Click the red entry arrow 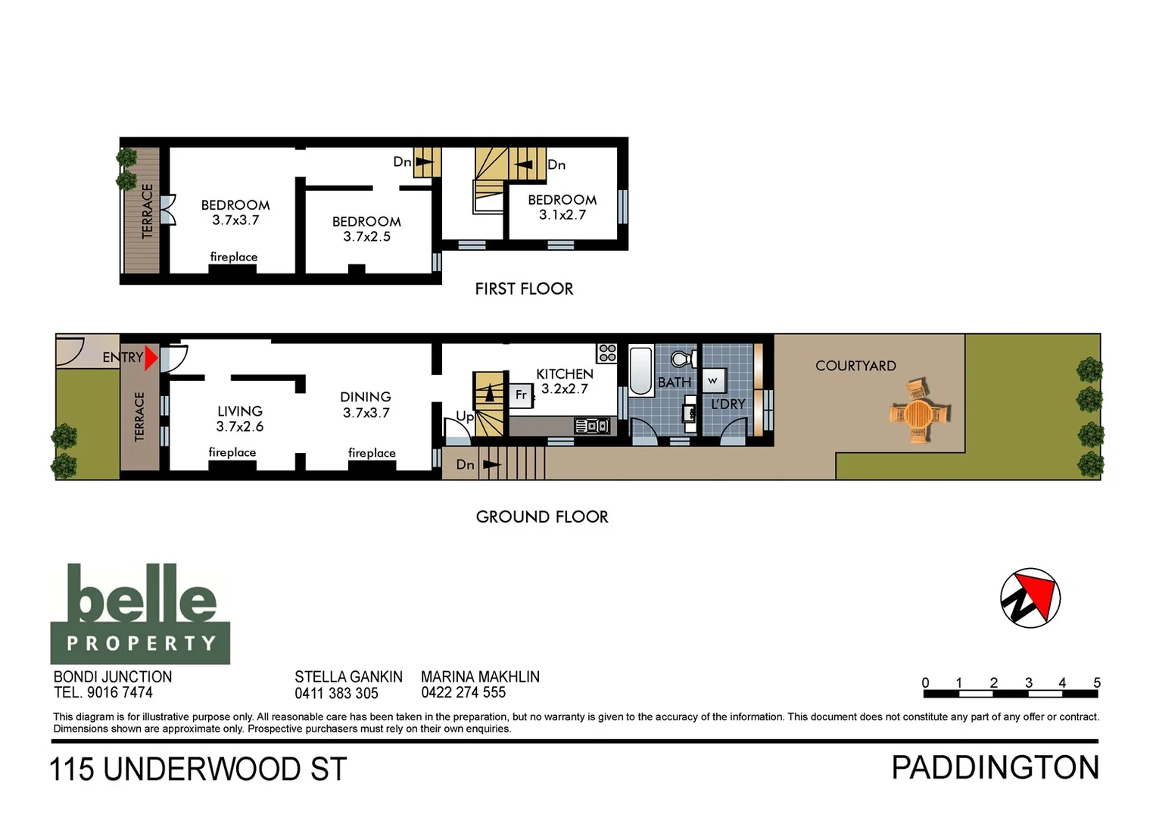pyautogui.click(x=151, y=357)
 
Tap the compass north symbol pyautogui.click(x=1030, y=598)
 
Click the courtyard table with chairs pyautogui.click(x=919, y=413)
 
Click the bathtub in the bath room pyautogui.click(x=641, y=370)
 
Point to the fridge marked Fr pyautogui.click(x=521, y=395)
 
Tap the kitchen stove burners pyautogui.click(x=607, y=353)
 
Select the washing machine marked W pyautogui.click(x=712, y=380)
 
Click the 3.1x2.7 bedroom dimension pyautogui.click(x=562, y=215)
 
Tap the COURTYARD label pyautogui.click(x=855, y=366)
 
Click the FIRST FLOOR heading pyautogui.click(x=524, y=289)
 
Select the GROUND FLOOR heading pyautogui.click(x=542, y=517)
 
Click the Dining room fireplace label pyautogui.click(x=372, y=453)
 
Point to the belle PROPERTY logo pyautogui.click(x=140, y=614)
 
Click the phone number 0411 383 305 pyautogui.click(x=336, y=693)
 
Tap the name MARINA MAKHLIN pyautogui.click(x=480, y=676)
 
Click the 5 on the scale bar pyautogui.click(x=1096, y=682)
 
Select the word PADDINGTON pyautogui.click(x=995, y=768)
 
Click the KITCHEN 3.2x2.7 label pyautogui.click(x=565, y=381)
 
